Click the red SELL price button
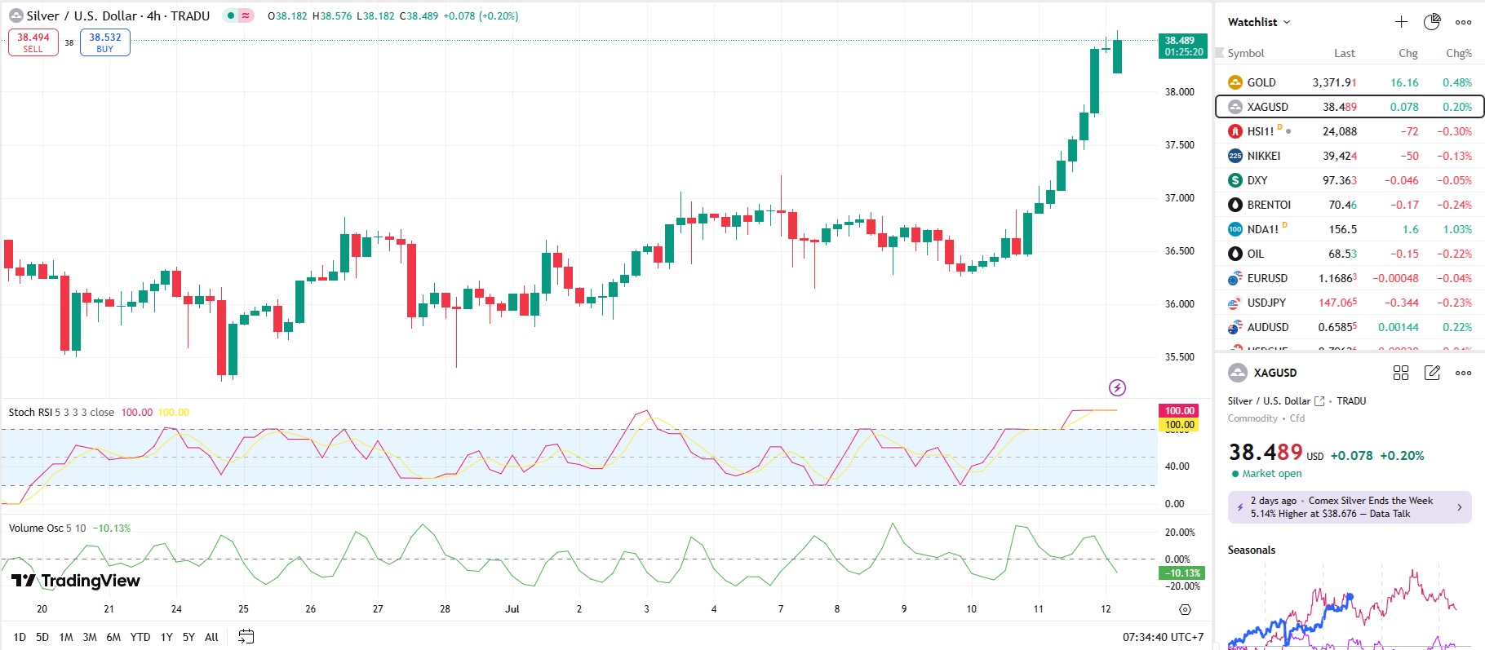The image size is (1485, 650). pos(33,42)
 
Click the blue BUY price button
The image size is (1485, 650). pos(105,42)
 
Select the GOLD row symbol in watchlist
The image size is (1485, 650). pos(1261,82)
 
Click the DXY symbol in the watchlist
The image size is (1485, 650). pos(1257,180)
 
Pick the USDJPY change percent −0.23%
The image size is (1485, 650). pos(1454,303)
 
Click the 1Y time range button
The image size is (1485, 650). pos(166,637)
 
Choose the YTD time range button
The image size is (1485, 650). pos(140,637)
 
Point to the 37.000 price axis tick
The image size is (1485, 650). pos(1179,198)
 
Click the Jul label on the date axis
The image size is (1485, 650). pos(512,609)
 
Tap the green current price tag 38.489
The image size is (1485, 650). pos(1182,46)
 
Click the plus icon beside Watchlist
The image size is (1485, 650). pos(1401,22)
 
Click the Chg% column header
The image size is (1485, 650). pos(1458,54)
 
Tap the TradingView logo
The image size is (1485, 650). pos(76,581)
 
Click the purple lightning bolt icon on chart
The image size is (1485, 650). pos(1117,387)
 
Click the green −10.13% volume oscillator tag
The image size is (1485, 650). pos(1181,573)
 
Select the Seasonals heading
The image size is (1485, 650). pos(1251,551)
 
